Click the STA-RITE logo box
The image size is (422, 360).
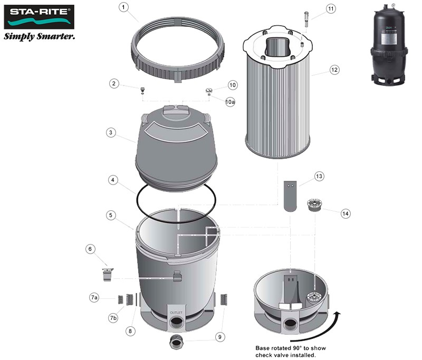pyautogui.click(x=39, y=17)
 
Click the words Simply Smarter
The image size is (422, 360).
pyautogui.click(x=39, y=37)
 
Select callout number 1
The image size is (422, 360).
pyautogui.click(x=123, y=7)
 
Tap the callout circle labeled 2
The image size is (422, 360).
pyautogui.click(x=113, y=83)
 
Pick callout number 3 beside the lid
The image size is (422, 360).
pyautogui.click(x=110, y=132)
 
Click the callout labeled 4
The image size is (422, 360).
pyautogui.click(x=113, y=180)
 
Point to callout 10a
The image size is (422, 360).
pyautogui.click(x=230, y=102)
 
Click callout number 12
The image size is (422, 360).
pyautogui.click(x=333, y=70)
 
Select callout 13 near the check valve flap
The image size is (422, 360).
pyautogui.click(x=318, y=176)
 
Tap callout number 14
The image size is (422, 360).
pyautogui.click(x=346, y=213)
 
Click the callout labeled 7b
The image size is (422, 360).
pyautogui.click(x=113, y=318)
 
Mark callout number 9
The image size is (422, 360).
pyautogui.click(x=219, y=336)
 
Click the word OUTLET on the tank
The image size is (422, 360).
pyautogui.click(x=176, y=312)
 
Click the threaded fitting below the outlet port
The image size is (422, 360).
pyautogui.click(x=175, y=343)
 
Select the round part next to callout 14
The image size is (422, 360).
pyautogui.click(x=315, y=204)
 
